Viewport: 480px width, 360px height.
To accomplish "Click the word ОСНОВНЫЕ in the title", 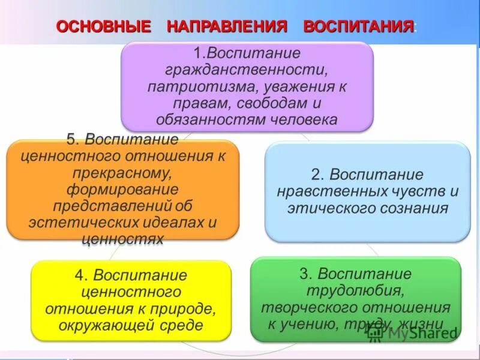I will [x=103, y=27].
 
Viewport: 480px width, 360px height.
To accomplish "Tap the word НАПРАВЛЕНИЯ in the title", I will [x=227, y=27].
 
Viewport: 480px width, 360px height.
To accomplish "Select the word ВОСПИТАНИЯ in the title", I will [x=359, y=27].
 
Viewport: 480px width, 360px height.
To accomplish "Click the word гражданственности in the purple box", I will [x=247, y=70].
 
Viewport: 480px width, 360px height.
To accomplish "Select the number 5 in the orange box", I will [x=71, y=140].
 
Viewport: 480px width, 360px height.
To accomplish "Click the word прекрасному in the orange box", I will [x=122, y=173].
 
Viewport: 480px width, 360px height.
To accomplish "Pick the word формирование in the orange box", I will [x=122, y=190].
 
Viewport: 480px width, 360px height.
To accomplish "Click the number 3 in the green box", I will [x=305, y=274].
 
